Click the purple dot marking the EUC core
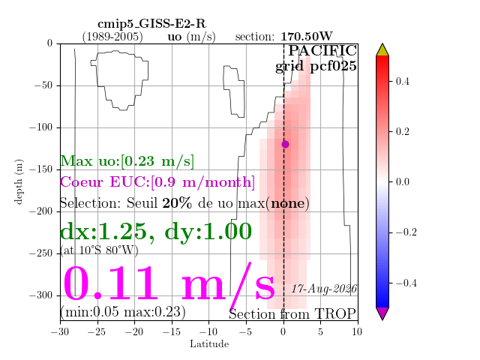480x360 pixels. (285, 144)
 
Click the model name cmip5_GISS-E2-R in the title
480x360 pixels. (151, 23)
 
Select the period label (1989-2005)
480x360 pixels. (112, 37)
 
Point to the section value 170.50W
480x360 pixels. (307, 37)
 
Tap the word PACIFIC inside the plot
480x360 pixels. (322, 50)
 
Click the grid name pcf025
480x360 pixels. (333, 67)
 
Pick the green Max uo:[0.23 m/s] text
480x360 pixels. (127, 161)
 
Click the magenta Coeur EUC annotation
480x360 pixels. (157, 182)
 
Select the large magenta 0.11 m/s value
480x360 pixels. (169, 284)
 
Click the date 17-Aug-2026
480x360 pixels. (324, 289)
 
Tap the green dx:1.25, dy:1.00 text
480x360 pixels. (156, 232)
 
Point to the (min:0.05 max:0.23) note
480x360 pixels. (123, 312)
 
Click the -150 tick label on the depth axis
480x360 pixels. (41, 169)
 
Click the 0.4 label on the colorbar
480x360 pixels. (402, 82)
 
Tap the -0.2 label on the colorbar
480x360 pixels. (406, 232)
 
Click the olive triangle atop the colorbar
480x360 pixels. (382, 50)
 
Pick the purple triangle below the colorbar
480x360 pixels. (382, 313)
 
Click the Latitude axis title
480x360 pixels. (209, 344)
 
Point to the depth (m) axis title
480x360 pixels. (19, 181)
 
